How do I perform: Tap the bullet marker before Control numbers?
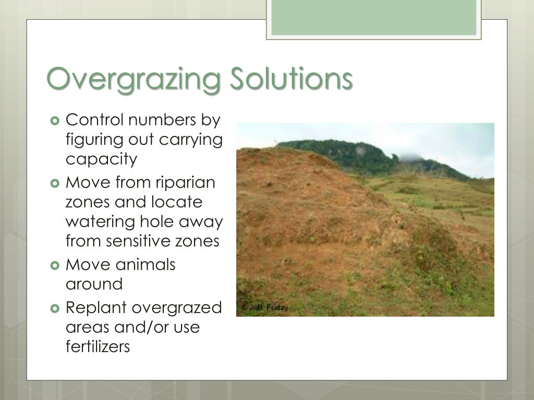pyautogui.click(x=56, y=121)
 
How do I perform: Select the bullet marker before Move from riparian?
pyautogui.click(x=56, y=183)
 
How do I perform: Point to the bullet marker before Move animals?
pyautogui.click(x=56, y=265)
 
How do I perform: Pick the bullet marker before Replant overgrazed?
pyautogui.click(x=56, y=308)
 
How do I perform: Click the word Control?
pyautogui.click(x=95, y=120)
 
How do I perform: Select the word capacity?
pyautogui.click(x=101, y=159)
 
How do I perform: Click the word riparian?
pyautogui.click(x=186, y=183)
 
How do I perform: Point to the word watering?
pyautogui.click(x=100, y=222)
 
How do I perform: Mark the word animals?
pyautogui.click(x=145, y=265)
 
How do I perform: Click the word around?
pyautogui.click(x=94, y=284)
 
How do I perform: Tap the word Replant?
pyautogui.click(x=96, y=308)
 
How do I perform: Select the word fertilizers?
pyautogui.click(x=98, y=347)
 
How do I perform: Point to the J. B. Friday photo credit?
pyautogui.click(x=264, y=308)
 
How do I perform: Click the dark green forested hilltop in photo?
pyautogui.click(x=334, y=154)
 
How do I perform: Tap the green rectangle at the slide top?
pyautogui.click(x=374, y=17)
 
